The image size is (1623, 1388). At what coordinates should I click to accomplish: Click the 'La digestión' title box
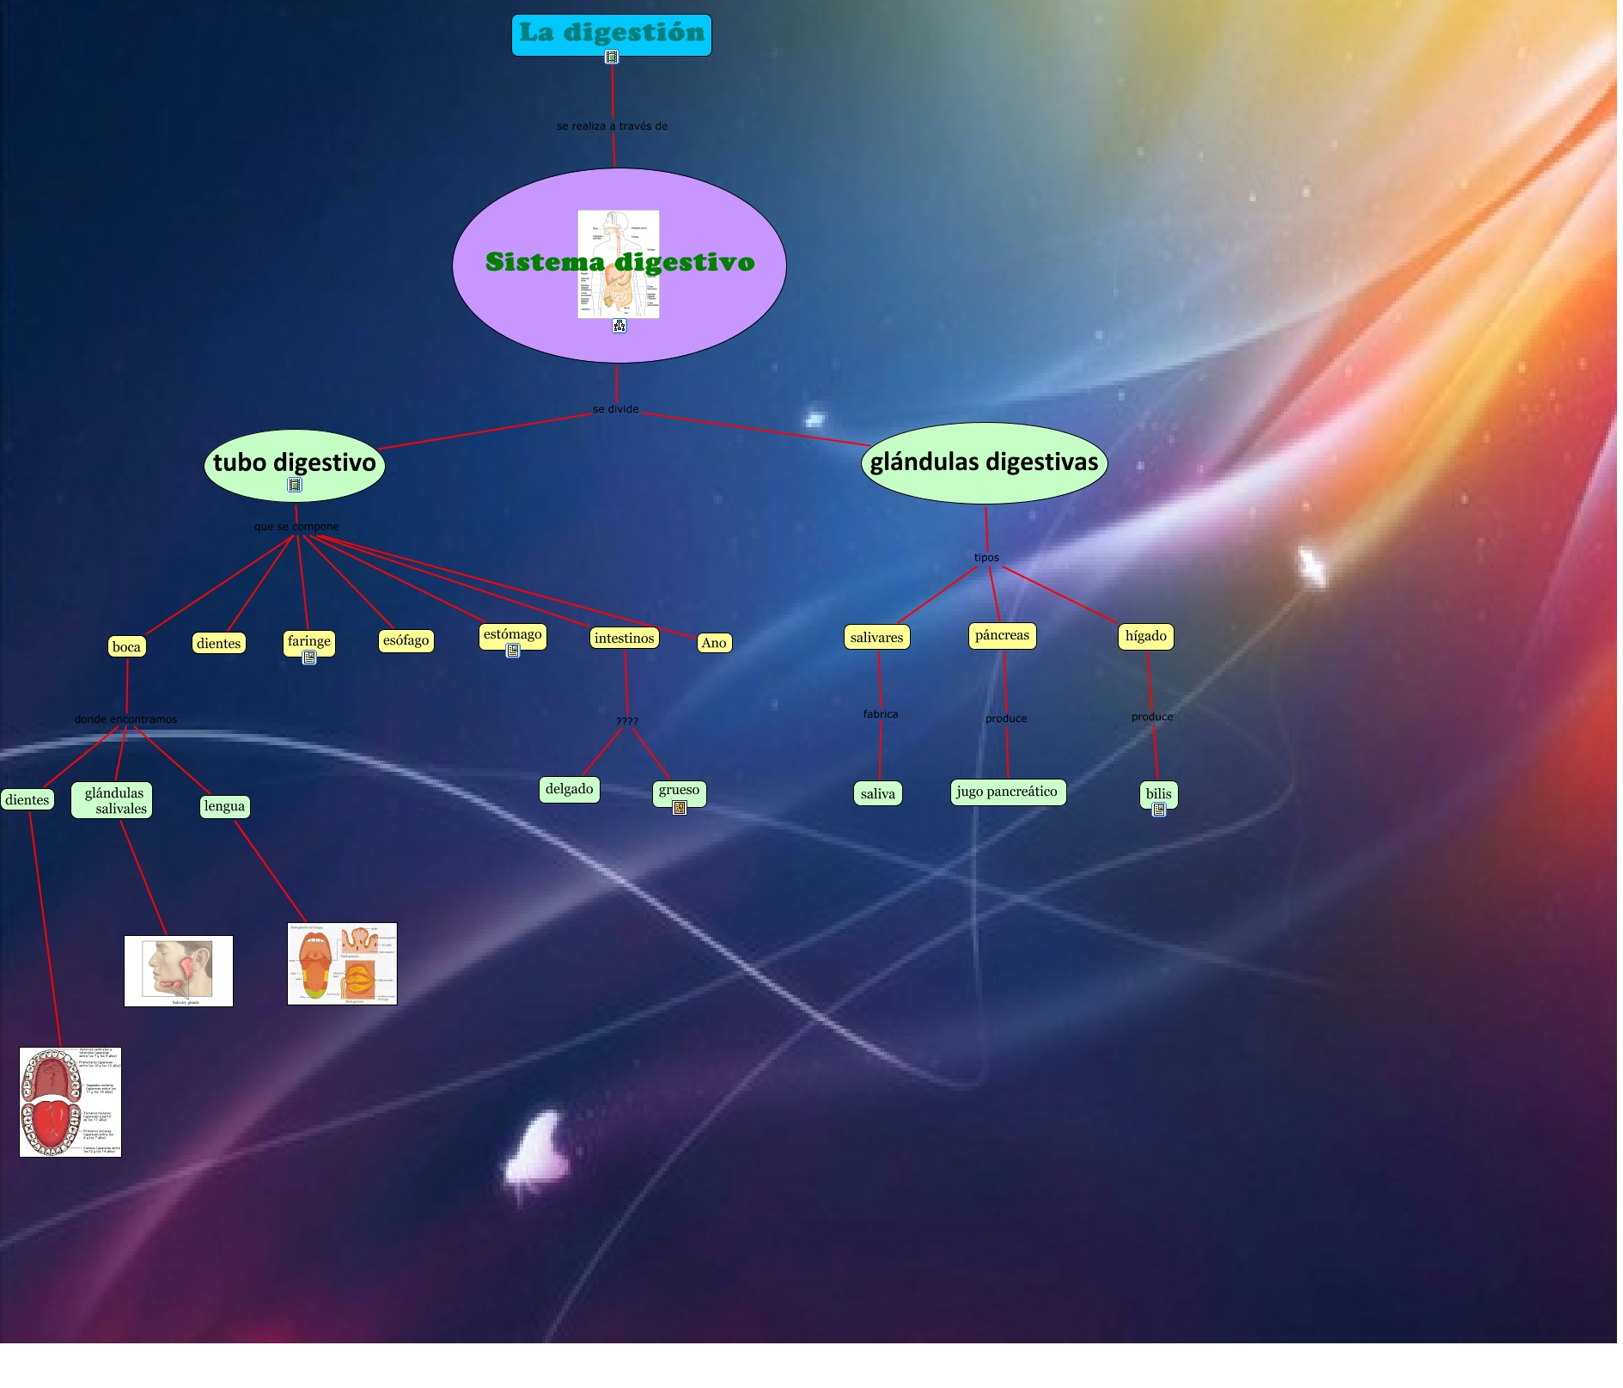pyautogui.click(x=611, y=34)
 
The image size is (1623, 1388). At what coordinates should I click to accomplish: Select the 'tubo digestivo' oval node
pyautogui.click(x=294, y=463)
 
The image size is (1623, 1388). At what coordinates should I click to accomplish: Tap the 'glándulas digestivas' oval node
pyautogui.click(x=984, y=462)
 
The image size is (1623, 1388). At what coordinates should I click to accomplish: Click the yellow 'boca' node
pyautogui.click(x=126, y=647)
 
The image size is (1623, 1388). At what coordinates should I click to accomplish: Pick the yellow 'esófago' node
pyautogui.click(x=406, y=640)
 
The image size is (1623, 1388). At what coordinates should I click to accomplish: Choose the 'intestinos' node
pyautogui.click(x=624, y=638)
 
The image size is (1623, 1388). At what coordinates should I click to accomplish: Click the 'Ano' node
pyautogui.click(x=713, y=643)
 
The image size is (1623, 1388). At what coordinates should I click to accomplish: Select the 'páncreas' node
pyautogui.click(x=1002, y=635)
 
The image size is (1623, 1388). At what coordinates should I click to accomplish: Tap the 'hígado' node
pyautogui.click(x=1145, y=636)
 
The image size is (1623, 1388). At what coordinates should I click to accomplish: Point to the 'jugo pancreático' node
pyautogui.click(x=1007, y=792)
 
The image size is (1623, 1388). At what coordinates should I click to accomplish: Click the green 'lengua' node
pyautogui.click(x=224, y=806)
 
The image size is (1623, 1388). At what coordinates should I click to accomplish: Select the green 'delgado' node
pyautogui.click(x=569, y=789)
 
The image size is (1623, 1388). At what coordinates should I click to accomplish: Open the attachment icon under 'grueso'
pyautogui.click(x=680, y=808)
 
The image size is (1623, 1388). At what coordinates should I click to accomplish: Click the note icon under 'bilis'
pyautogui.click(x=1158, y=810)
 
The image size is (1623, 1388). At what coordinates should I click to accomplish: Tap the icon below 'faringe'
pyautogui.click(x=309, y=657)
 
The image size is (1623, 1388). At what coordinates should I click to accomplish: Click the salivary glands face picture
pyautogui.click(x=179, y=970)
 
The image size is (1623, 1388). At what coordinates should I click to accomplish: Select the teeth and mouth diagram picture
pyautogui.click(x=70, y=1102)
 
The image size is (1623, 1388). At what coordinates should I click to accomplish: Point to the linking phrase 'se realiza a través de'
pyautogui.click(x=612, y=126)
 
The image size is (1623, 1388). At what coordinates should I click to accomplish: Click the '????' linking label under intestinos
pyautogui.click(x=627, y=721)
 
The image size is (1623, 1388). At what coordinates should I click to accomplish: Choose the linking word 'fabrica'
pyautogui.click(x=881, y=714)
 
